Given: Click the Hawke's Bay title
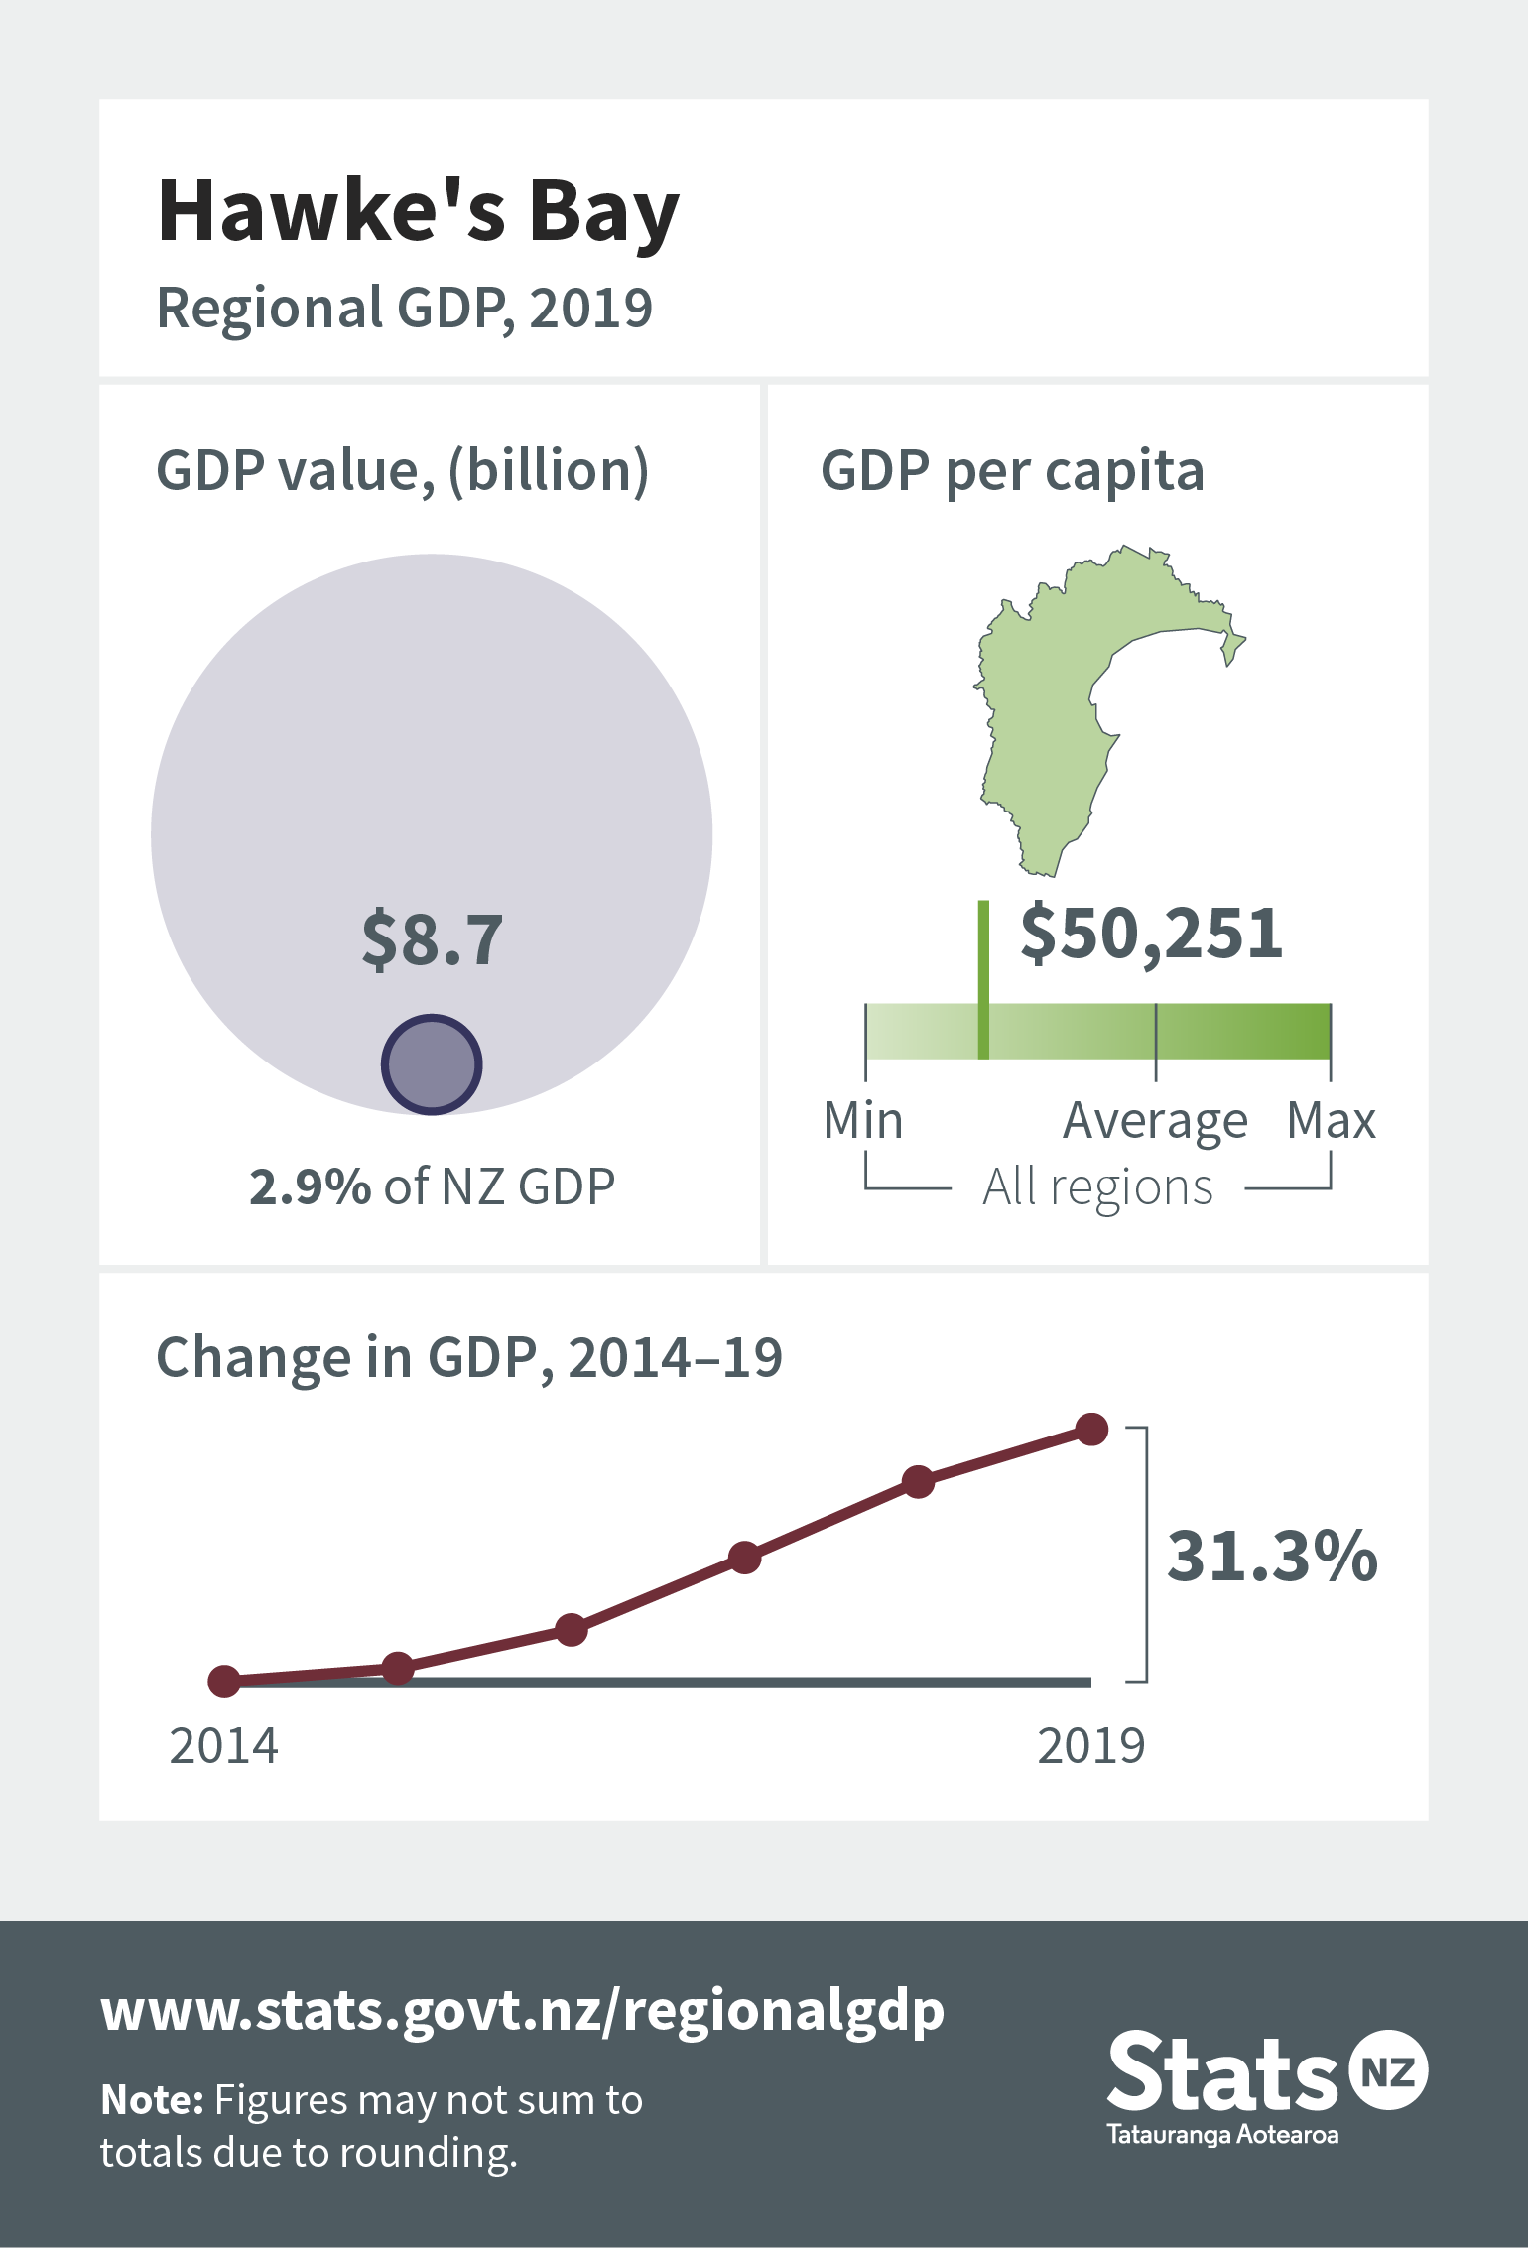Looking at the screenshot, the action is (419, 211).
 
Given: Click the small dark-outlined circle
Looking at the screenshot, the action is (432, 1063).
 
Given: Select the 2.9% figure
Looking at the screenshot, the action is (310, 1186).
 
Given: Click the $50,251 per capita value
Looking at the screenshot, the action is (1152, 934).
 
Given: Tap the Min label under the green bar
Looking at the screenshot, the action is (863, 1121).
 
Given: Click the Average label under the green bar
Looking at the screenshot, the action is (1155, 1123).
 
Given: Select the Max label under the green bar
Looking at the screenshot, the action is (1332, 1121).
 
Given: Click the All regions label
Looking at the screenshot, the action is (1097, 1187).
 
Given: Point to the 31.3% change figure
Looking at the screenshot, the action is (1272, 1555).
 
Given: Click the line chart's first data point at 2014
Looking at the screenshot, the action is (224, 1681).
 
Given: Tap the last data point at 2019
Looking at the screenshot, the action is (1091, 1430).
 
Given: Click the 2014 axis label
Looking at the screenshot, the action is (223, 1746).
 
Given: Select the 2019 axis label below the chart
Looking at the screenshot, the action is (1091, 1746).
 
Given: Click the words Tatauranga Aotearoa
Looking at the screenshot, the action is (1222, 2135).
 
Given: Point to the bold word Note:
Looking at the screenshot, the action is (152, 2100).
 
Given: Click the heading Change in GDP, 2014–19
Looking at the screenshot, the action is (469, 1358).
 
